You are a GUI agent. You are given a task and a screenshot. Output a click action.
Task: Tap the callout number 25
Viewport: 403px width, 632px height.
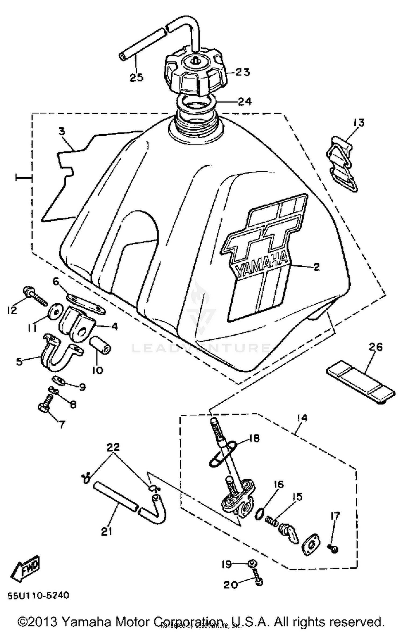click(137, 78)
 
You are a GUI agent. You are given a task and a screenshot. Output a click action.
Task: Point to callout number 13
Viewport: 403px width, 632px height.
click(359, 123)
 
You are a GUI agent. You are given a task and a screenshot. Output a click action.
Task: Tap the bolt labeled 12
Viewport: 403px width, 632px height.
click(35, 295)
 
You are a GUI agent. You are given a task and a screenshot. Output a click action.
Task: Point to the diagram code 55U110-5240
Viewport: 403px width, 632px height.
click(38, 595)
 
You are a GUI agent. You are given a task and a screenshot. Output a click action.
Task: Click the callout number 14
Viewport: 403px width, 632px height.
click(302, 418)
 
